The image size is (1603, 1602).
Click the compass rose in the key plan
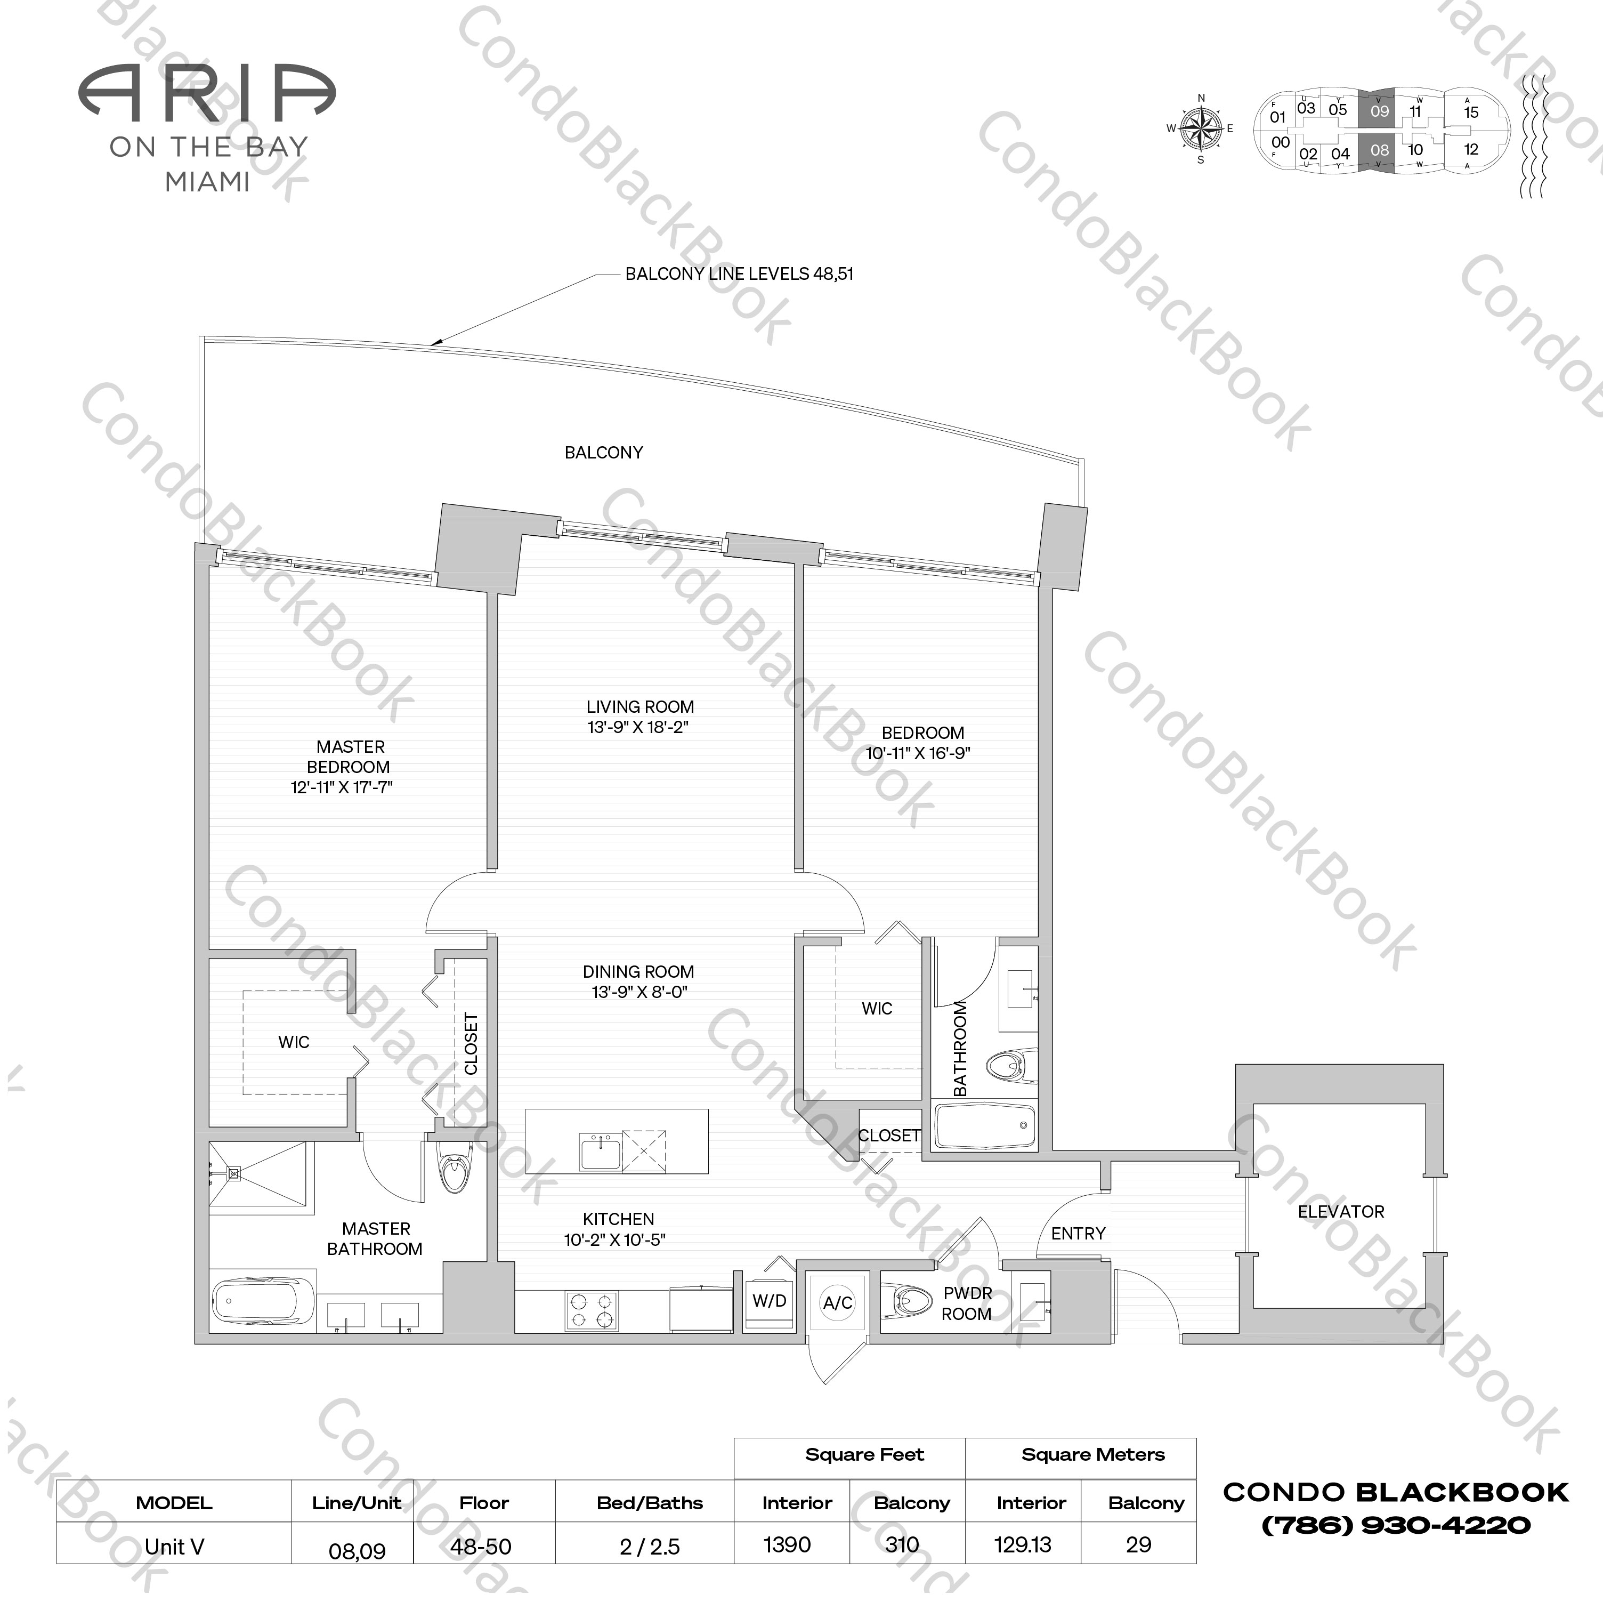tap(1201, 128)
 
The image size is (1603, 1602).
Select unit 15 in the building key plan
tap(1471, 112)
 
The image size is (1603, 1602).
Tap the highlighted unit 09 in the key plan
tap(1379, 111)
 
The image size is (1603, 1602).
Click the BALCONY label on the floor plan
tap(603, 453)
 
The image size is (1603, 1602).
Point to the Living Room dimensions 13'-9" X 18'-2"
tap(639, 727)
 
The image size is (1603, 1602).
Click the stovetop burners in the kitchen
tap(592, 1310)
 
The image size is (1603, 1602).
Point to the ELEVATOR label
tap(1341, 1211)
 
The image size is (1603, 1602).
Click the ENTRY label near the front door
tap(1078, 1234)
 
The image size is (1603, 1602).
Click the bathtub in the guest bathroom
tap(985, 1126)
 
